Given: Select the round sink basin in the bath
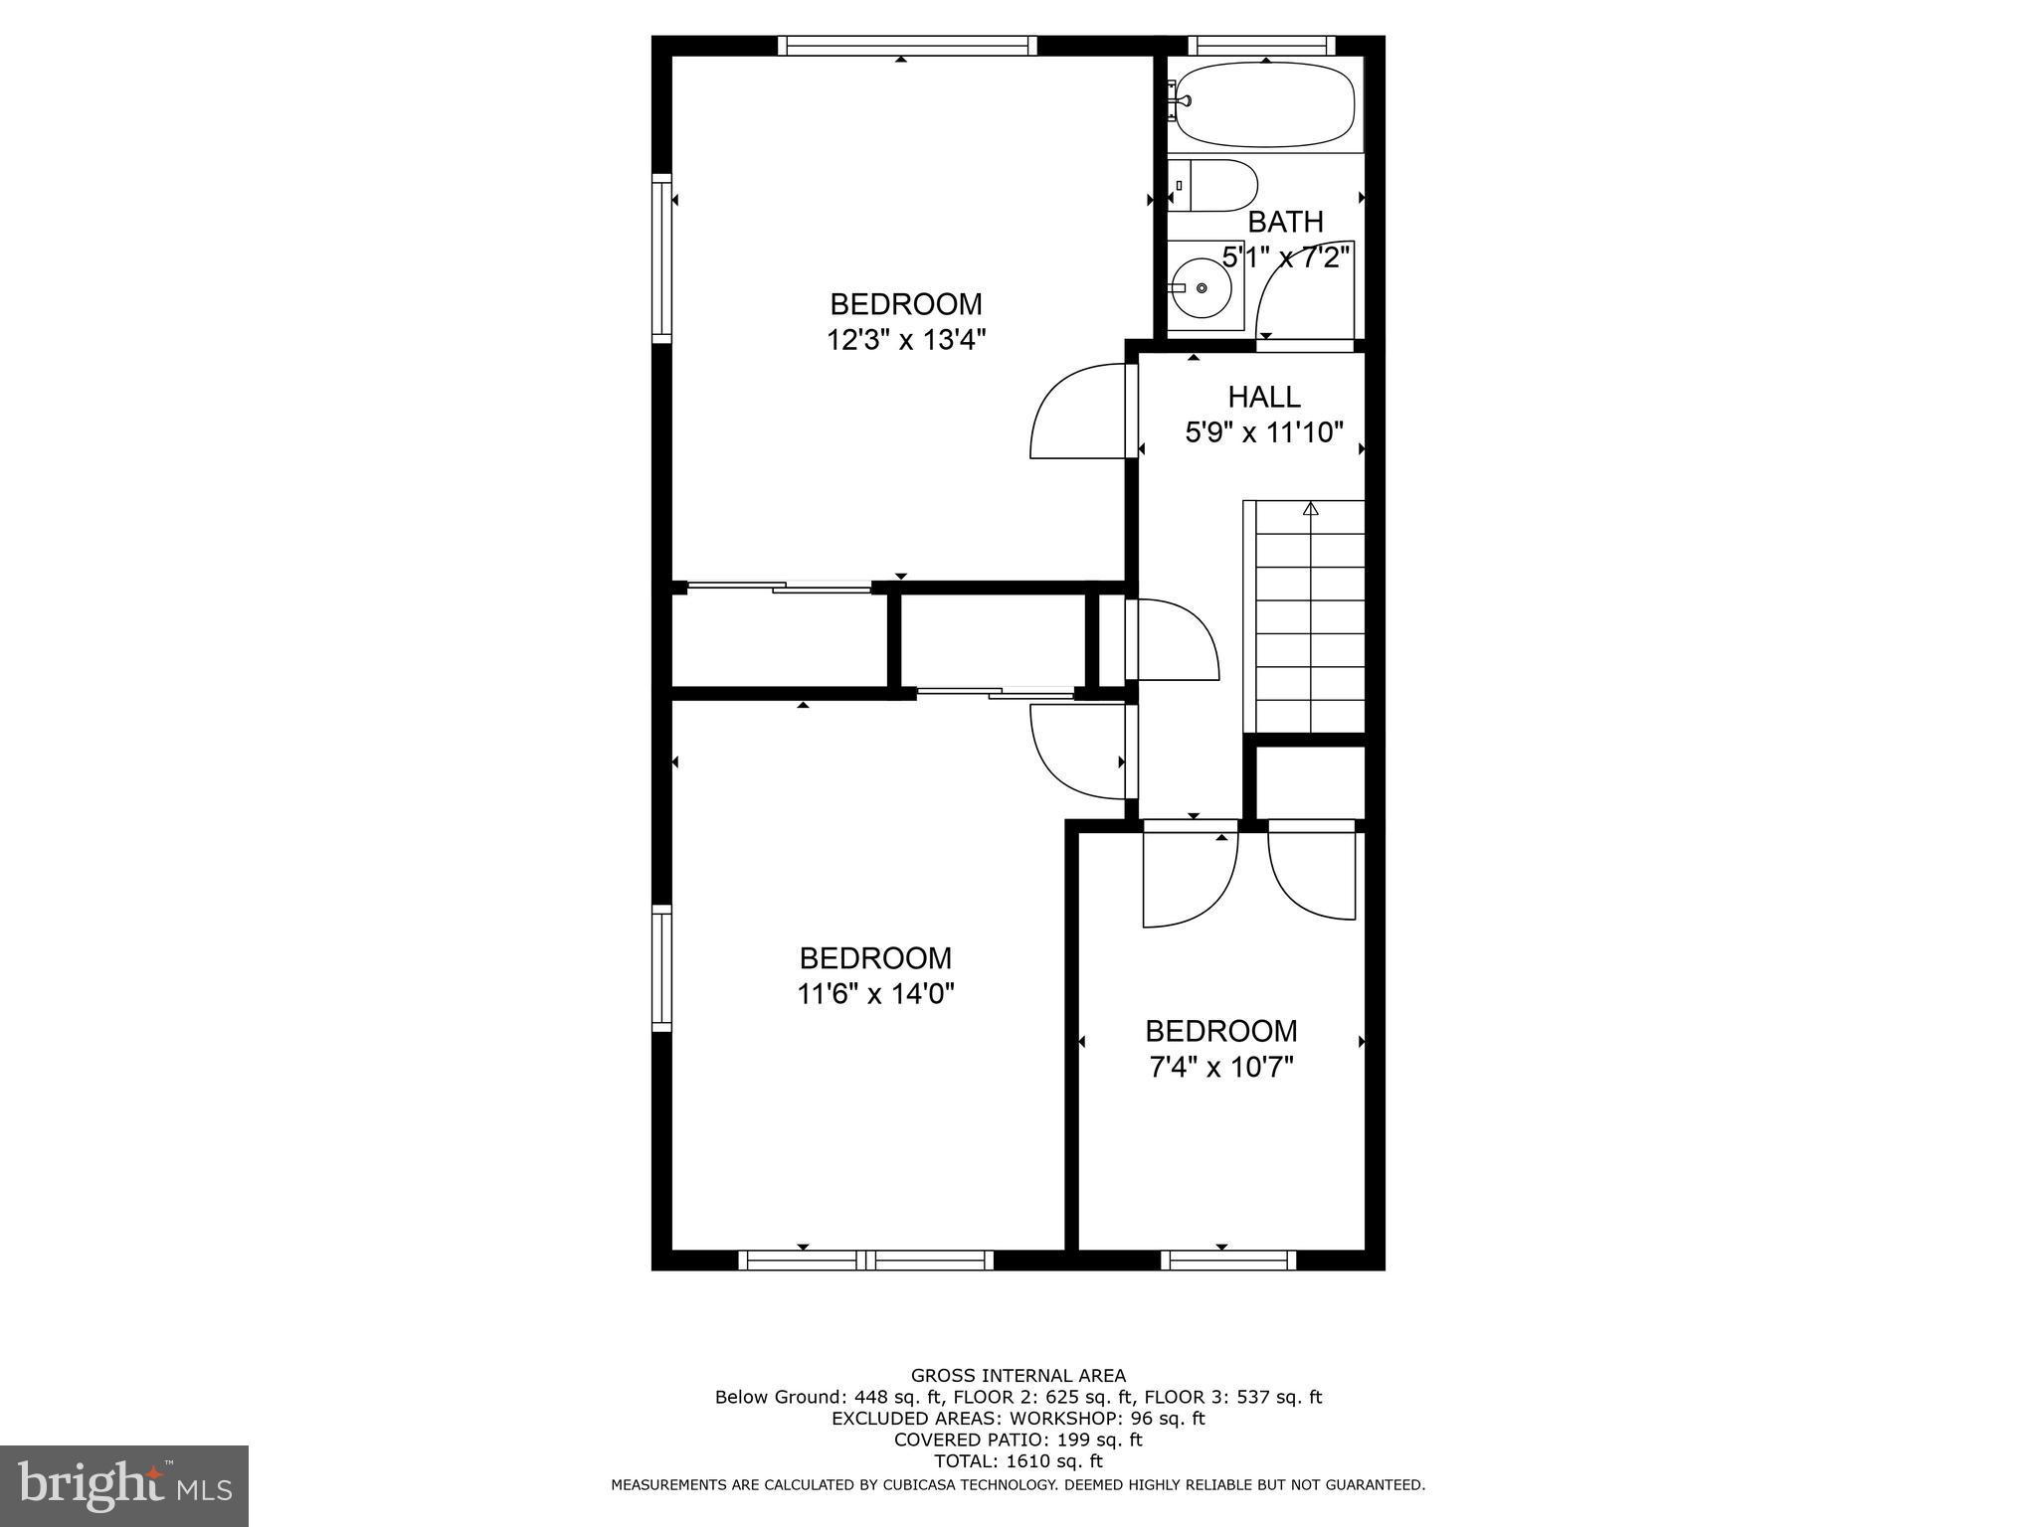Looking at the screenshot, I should (x=1201, y=288).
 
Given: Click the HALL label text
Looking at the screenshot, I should (x=1263, y=397).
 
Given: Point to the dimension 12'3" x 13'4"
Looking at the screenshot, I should (x=905, y=340).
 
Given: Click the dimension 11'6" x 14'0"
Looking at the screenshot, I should (x=875, y=994).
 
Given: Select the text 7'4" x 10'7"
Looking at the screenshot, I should (x=1220, y=1068).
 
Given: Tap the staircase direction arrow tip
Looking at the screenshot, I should (x=1310, y=508).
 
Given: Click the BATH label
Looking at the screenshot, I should (x=1285, y=222).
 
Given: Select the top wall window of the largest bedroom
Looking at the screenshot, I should (x=906, y=46).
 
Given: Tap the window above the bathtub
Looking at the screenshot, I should (x=1261, y=46).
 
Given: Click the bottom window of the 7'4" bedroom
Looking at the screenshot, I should (x=1227, y=1261).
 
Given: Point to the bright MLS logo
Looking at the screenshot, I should (x=123, y=1485).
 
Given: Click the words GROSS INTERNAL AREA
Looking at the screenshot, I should (x=1018, y=1376).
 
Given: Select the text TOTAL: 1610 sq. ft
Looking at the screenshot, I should (x=1018, y=1461).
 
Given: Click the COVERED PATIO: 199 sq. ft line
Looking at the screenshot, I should (x=1018, y=1440).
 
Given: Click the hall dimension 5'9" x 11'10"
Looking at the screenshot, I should (x=1263, y=432).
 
